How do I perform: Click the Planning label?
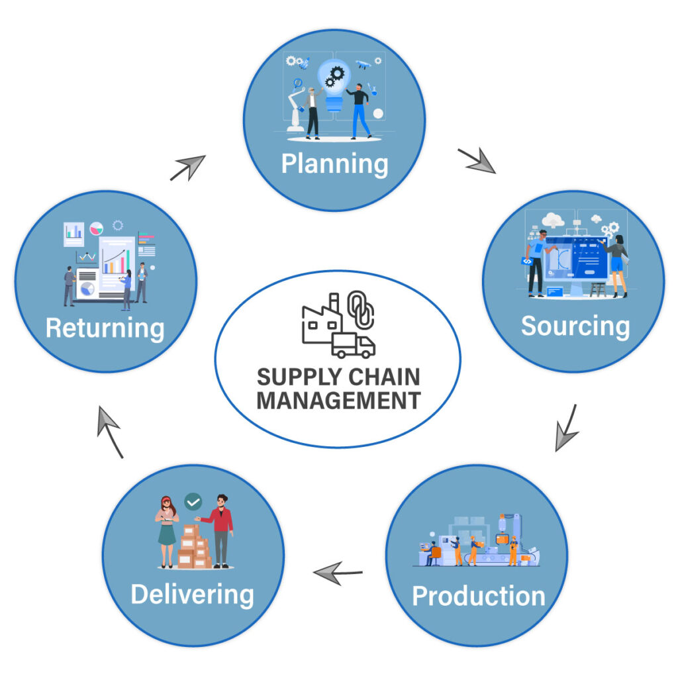click(334, 164)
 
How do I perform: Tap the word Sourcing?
click(575, 326)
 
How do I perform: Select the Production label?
click(478, 596)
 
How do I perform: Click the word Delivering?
click(192, 594)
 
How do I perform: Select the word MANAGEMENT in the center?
click(338, 401)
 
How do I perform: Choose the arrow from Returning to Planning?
click(188, 168)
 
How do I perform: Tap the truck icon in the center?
click(353, 345)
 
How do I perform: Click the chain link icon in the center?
click(361, 309)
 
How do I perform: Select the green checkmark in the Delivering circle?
click(193, 502)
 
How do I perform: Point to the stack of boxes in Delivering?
click(194, 547)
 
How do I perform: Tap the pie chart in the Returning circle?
click(97, 228)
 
